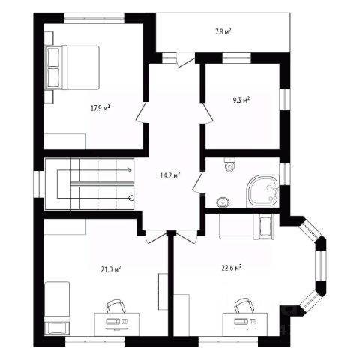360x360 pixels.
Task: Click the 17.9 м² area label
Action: point(100,108)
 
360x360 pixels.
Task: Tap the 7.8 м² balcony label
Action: point(223,31)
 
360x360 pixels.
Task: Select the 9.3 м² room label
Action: point(241,100)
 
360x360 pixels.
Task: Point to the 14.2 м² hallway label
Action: point(170,175)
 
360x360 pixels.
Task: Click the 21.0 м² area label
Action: point(111,269)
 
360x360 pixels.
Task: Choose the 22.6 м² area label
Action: point(232,268)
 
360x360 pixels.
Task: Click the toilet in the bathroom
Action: point(229,165)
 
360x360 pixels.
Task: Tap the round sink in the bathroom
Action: point(223,202)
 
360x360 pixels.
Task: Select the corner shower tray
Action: point(262,191)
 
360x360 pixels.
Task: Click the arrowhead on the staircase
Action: point(130,170)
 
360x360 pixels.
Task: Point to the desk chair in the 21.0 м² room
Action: point(115,306)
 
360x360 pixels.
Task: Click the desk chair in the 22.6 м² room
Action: point(244,305)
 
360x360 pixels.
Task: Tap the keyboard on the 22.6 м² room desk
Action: point(241,321)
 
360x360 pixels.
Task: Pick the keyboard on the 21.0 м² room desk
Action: point(112,321)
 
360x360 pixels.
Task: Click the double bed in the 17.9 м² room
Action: point(72,67)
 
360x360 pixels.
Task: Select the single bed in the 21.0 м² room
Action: point(57,309)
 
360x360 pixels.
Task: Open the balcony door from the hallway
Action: point(185,60)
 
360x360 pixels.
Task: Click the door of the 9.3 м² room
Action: point(207,113)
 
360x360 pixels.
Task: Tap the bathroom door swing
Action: point(199,182)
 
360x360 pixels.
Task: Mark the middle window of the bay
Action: point(320,265)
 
